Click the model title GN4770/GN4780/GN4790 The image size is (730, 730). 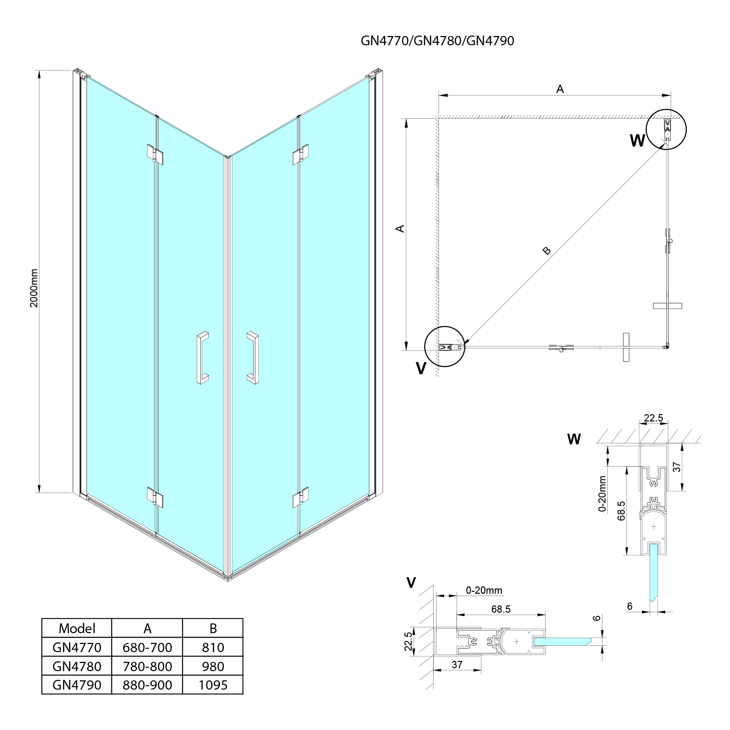(437, 41)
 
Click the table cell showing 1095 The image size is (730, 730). (213, 685)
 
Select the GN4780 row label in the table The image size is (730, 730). (77, 666)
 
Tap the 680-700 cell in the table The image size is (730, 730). (147, 647)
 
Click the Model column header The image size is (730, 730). (77, 628)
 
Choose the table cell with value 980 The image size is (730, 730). (213, 666)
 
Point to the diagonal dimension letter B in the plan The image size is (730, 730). (547, 251)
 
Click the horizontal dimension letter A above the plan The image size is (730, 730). (560, 89)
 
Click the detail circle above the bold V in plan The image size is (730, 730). (445, 347)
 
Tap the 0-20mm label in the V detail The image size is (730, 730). (484, 591)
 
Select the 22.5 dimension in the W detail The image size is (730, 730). (653, 418)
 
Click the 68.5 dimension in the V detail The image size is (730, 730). (501, 609)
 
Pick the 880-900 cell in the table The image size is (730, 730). (147, 685)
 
